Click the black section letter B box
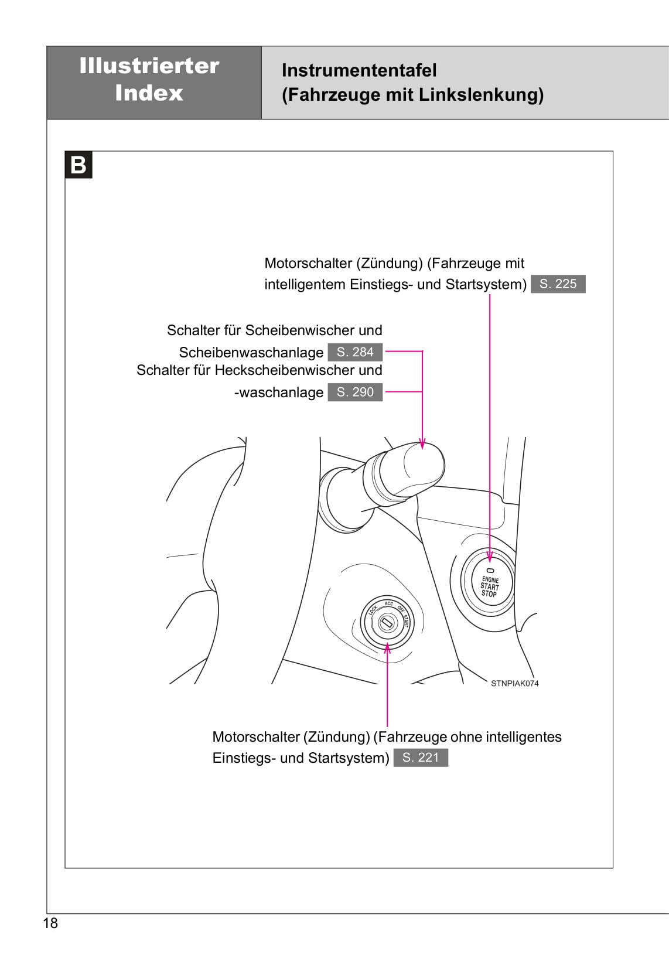tap(78, 165)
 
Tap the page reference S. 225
tap(558, 284)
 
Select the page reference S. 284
tap(355, 352)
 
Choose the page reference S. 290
tap(355, 392)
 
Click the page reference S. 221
tap(421, 758)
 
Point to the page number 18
tap(51, 923)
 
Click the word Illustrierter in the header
tap(149, 66)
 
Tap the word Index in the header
tap(149, 93)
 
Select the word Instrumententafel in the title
tap(359, 70)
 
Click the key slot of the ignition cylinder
tap(387, 623)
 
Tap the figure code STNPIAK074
tap(514, 683)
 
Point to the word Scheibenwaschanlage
tap(251, 353)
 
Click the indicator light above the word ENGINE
tap(490, 570)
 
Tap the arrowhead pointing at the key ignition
tap(387, 647)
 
